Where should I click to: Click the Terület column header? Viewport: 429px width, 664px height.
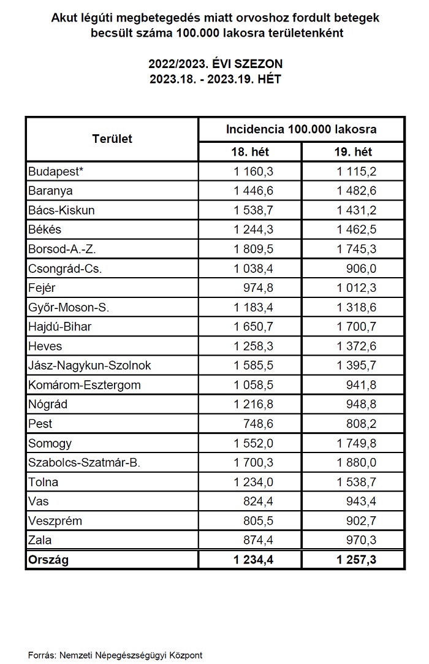pos(112,139)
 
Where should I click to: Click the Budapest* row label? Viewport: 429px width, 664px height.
pos(56,172)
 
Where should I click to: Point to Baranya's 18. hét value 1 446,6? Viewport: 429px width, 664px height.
pos(253,191)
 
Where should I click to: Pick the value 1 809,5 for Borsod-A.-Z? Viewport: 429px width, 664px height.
pos(253,249)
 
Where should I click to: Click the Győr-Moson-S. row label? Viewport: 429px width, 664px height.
pos(69,307)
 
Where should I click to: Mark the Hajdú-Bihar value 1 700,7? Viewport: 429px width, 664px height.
pos(356,326)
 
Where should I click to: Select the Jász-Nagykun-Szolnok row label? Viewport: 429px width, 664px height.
pos(89,365)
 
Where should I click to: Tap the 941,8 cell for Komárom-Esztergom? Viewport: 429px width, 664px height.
pos(363,385)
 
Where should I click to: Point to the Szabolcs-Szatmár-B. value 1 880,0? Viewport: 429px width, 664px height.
pos(356,463)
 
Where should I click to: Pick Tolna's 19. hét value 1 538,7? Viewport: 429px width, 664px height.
pos(356,482)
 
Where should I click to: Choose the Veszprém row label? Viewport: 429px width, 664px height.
pos(55,521)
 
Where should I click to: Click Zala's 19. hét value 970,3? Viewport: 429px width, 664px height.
pos(363,540)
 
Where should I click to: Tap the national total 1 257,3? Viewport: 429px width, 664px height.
pos(356,560)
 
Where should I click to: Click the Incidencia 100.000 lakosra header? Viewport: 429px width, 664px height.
pos(301,129)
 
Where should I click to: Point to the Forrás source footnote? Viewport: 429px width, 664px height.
pos(115,655)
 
